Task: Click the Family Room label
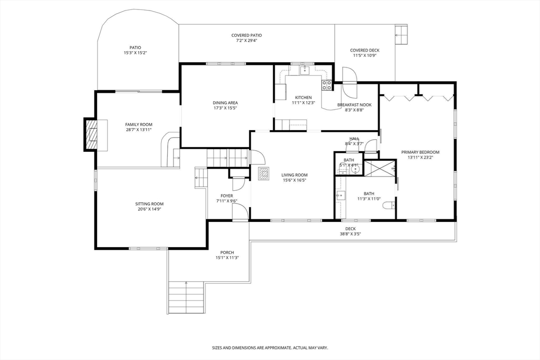139,124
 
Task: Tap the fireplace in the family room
92,135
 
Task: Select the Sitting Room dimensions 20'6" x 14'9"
149,209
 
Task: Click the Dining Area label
225,103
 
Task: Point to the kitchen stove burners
327,84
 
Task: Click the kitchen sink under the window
304,70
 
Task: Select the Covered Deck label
364,51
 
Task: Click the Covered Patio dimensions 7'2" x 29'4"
246,41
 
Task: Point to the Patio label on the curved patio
135,47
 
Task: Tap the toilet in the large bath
389,206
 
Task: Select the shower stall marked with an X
379,168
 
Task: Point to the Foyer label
227,196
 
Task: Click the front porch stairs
186,297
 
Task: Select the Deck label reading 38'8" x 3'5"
350,234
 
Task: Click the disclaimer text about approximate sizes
270,348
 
